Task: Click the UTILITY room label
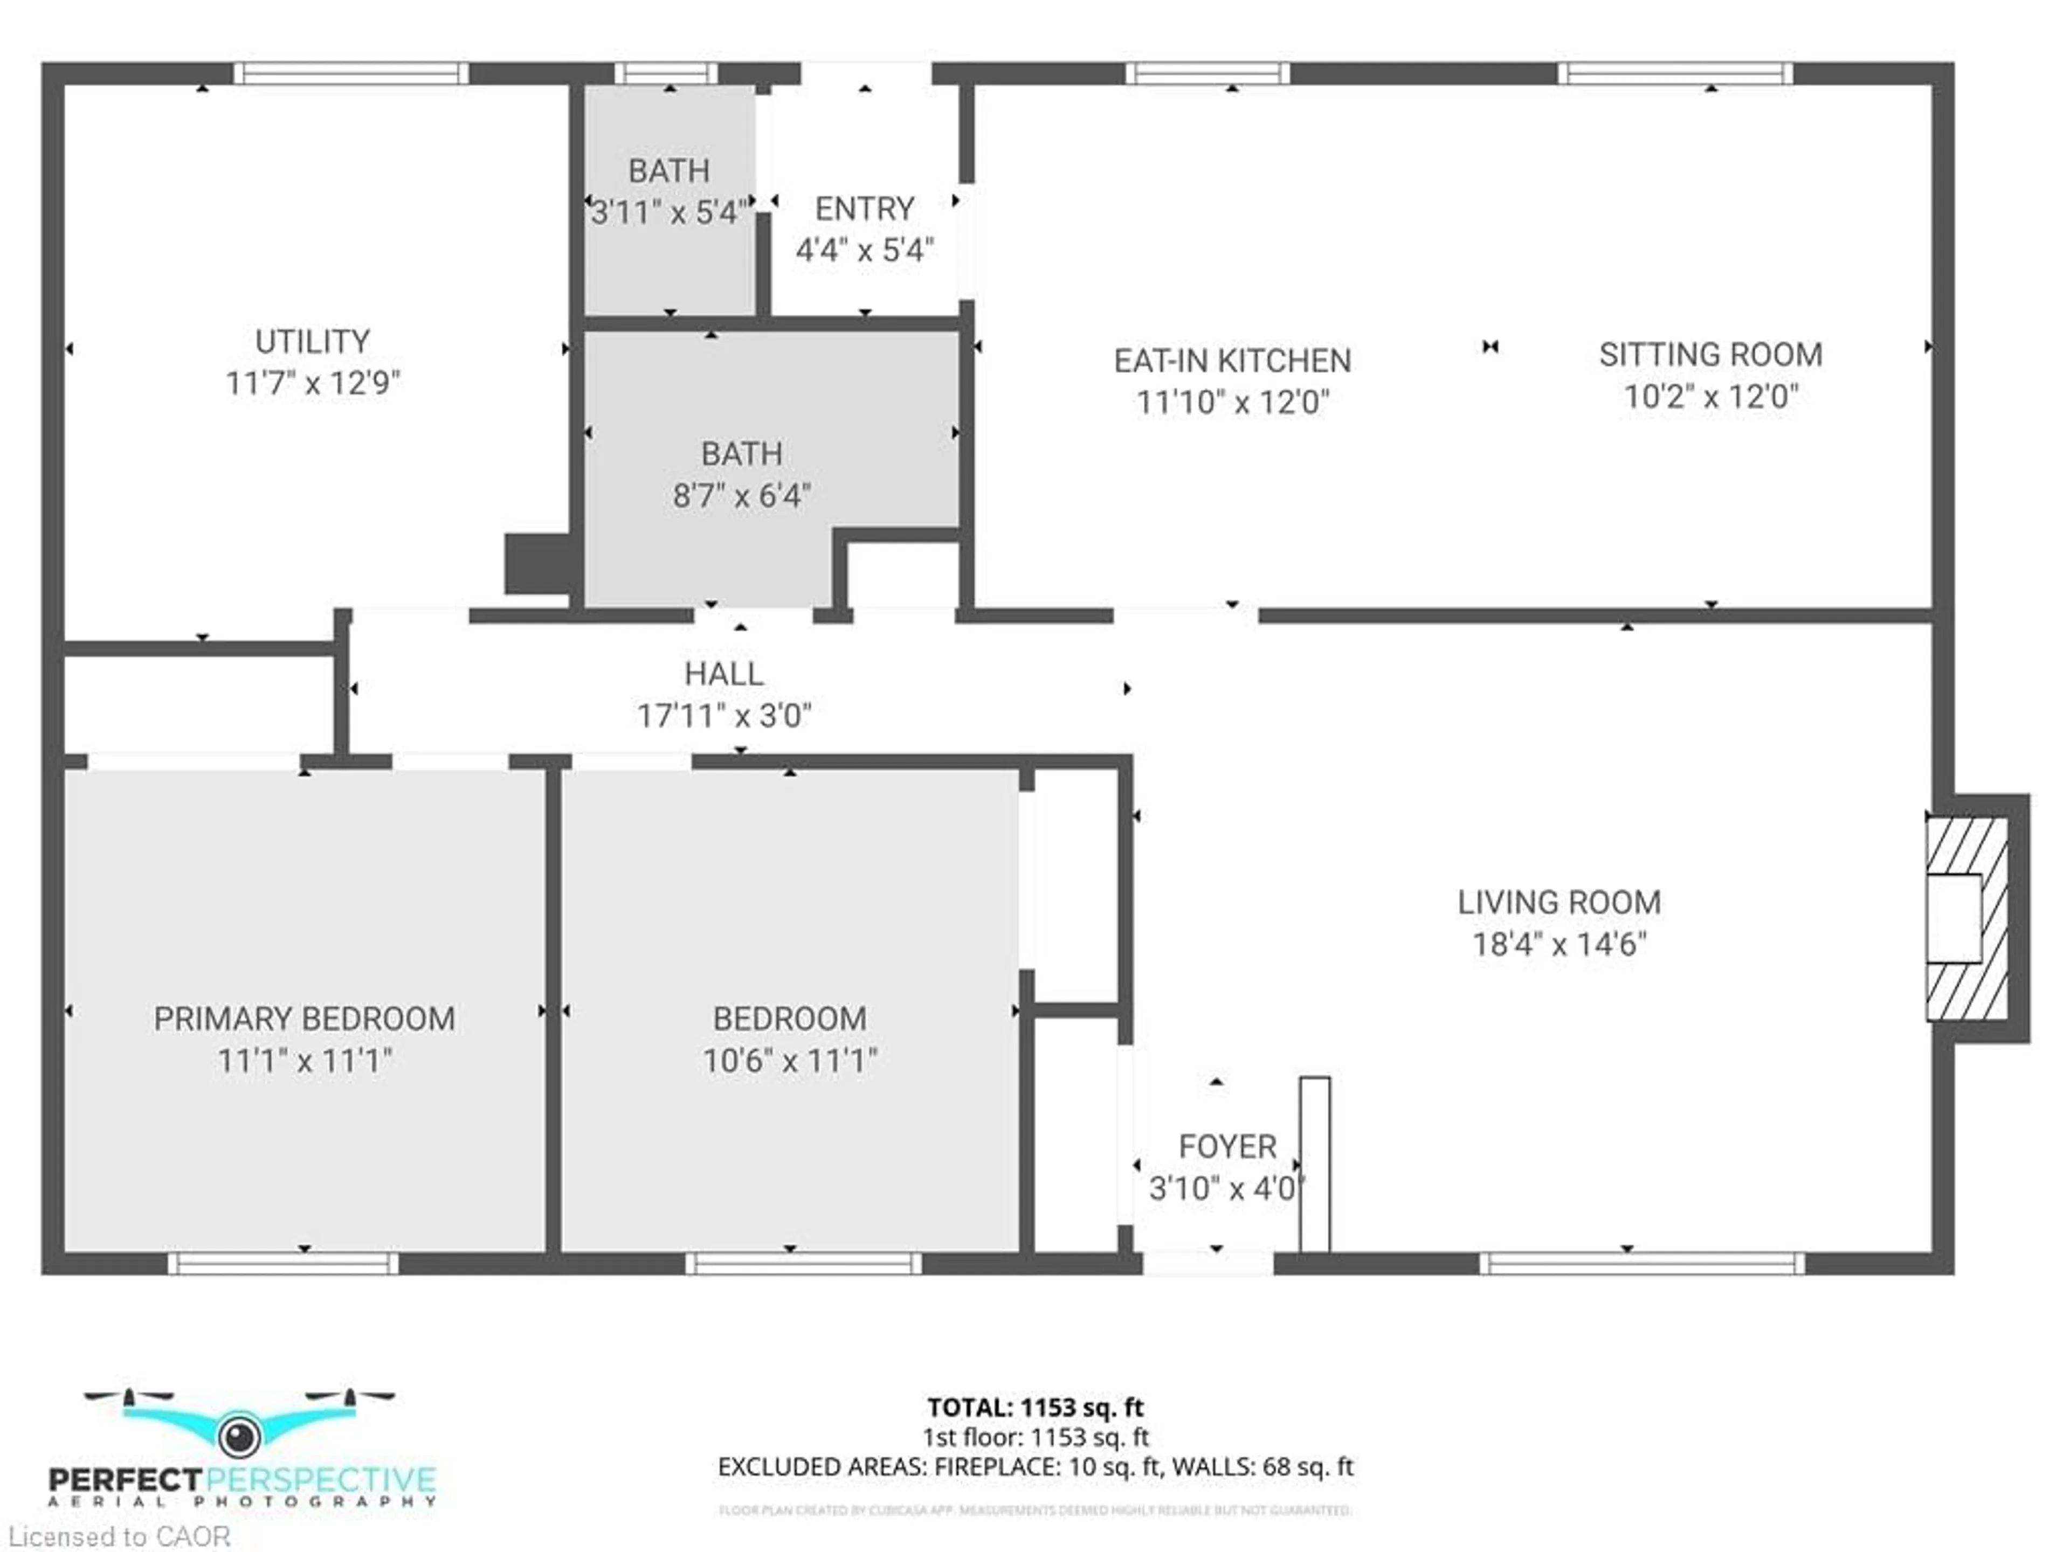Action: click(313, 342)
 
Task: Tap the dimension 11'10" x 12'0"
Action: click(1232, 402)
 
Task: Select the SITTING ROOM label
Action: click(1710, 355)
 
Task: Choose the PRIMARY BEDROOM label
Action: click(304, 1018)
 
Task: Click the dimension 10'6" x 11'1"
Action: click(790, 1060)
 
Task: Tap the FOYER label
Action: click(1227, 1146)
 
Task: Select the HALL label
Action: click(723, 674)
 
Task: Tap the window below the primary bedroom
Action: click(284, 1263)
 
